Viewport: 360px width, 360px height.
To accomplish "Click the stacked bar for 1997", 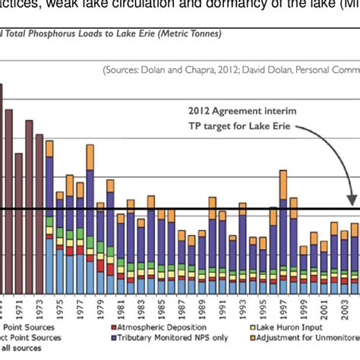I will click(283, 235).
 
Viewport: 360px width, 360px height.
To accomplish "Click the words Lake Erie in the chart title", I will click(122, 33).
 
